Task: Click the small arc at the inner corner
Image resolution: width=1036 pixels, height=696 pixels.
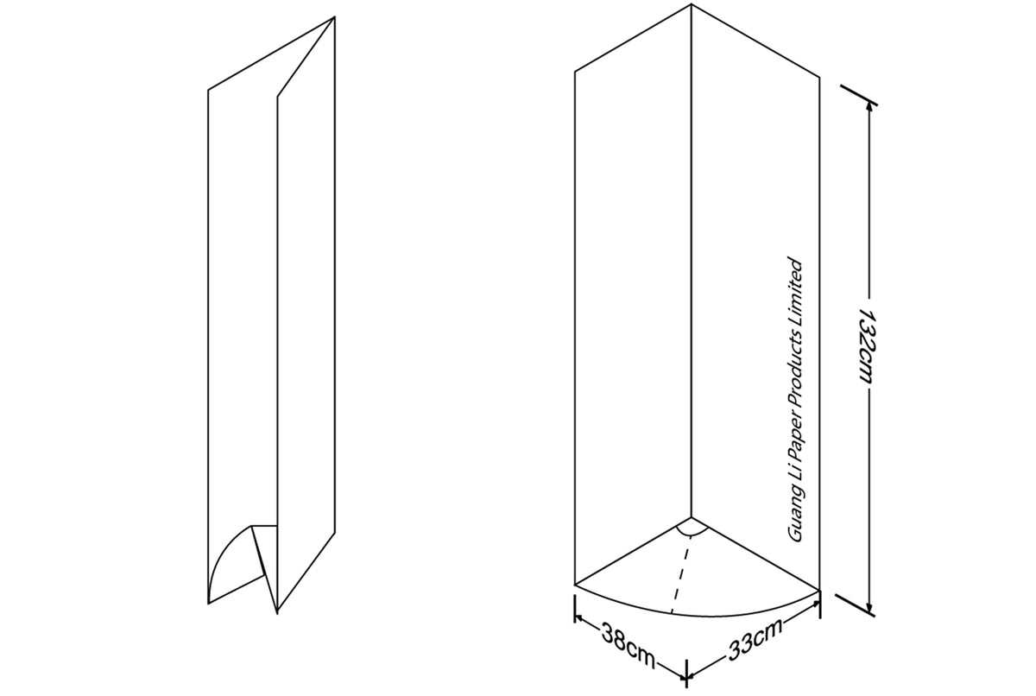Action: point(692,527)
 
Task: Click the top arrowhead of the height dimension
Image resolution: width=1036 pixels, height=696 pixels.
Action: point(868,101)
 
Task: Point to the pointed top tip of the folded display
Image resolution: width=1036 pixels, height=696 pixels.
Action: point(334,18)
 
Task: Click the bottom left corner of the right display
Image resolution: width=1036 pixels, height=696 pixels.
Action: point(575,585)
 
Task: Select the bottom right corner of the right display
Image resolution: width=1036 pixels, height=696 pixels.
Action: point(818,590)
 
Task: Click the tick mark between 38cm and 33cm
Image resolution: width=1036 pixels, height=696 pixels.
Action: point(686,671)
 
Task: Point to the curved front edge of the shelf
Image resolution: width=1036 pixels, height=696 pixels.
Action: point(691,612)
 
